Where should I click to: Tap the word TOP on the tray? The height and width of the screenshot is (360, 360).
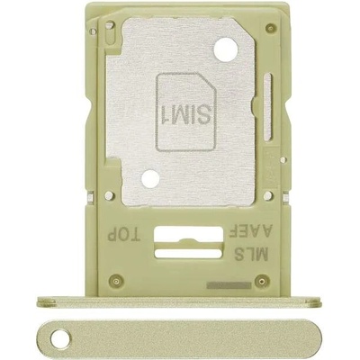[123, 235]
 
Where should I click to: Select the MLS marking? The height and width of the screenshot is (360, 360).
[250, 256]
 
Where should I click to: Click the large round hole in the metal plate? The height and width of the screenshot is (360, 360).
[226, 49]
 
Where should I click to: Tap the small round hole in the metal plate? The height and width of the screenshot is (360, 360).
[150, 179]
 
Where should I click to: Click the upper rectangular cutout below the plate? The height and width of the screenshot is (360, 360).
[188, 233]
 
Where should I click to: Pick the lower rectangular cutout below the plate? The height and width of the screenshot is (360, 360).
[188, 254]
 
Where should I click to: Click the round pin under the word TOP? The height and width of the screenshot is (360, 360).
[115, 281]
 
